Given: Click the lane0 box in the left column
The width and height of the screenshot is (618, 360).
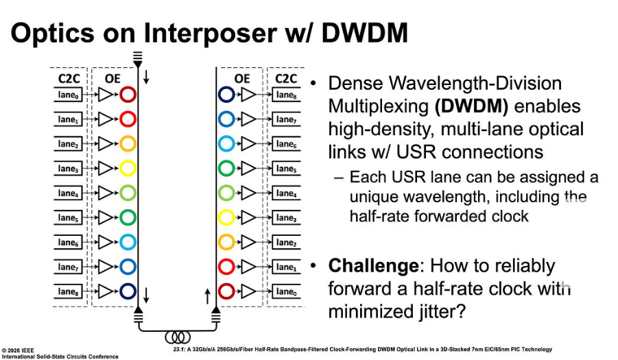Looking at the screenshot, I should coord(68,96).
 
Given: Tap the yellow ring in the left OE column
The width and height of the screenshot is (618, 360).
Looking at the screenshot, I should coord(128,169).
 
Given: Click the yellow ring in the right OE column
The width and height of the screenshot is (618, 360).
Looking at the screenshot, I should coord(226,218).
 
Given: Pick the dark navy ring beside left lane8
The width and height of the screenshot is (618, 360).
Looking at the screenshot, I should coord(128,291).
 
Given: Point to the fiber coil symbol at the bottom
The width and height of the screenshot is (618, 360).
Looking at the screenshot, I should coord(178,337).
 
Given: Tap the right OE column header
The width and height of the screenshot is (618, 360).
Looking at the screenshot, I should coord(242,78).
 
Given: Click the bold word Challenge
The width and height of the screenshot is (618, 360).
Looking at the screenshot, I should coord(373,266).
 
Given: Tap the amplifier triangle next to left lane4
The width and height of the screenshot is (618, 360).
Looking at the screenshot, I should coord(105,193).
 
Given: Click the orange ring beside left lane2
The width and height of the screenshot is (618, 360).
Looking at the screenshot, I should coord(128,145).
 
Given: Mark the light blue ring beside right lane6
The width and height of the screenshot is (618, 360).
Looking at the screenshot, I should coord(226,145).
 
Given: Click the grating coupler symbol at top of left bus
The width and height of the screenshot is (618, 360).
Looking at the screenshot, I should coord(138,57).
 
